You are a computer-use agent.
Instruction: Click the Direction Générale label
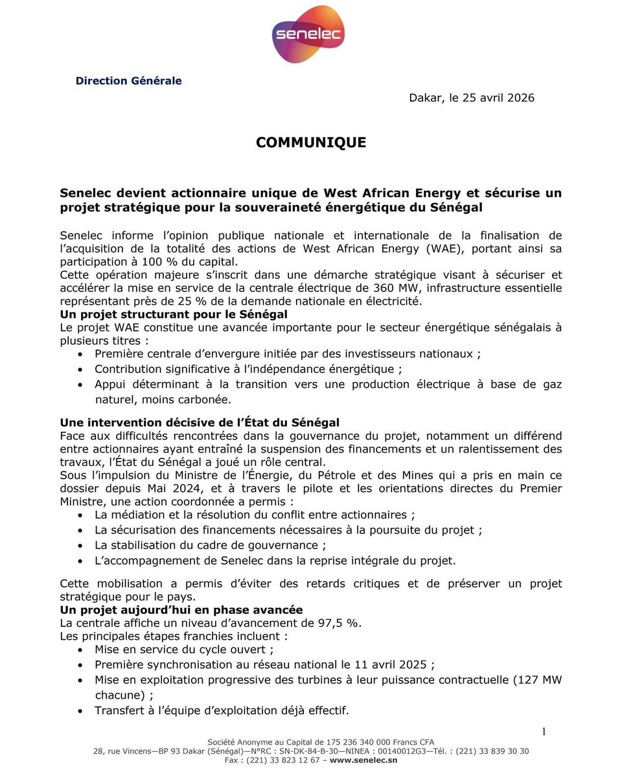pyautogui.click(x=128, y=81)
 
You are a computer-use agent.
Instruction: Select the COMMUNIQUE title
pyautogui.click(x=311, y=142)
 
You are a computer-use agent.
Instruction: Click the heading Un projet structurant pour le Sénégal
pyautogui.click(x=174, y=314)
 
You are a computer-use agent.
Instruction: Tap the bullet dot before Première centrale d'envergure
pyautogui.click(x=80, y=354)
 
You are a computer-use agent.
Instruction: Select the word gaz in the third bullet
pyautogui.click(x=553, y=384)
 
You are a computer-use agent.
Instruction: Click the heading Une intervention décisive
pyautogui.click(x=200, y=423)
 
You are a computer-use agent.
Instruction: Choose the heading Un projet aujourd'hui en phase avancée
pyautogui.click(x=181, y=610)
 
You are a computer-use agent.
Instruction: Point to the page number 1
pyautogui.click(x=544, y=732)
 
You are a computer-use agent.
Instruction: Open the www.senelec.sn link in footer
pyautogui.click(x=363, y=760)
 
